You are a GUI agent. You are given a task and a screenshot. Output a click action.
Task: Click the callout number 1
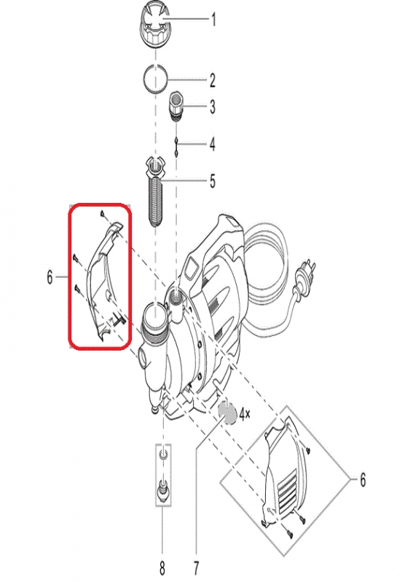click(x=213, y=20)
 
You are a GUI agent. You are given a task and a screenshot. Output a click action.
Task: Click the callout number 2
click(x=212, y=81)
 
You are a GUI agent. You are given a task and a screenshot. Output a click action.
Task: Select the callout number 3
click(x=212, y=107)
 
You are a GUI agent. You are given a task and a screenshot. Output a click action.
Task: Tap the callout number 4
click(x=212, y=144)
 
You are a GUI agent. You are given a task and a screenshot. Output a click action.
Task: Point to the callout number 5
click(x=212, y=181)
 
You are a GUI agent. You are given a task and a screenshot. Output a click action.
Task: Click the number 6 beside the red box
click(x=50, y=277)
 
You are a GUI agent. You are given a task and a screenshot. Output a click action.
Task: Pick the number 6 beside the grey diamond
click(x=363, y=479)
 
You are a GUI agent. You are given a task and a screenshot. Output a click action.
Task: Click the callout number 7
click(x=196, y=568)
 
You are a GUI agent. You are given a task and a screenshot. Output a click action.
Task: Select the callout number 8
click(x=162, y=568)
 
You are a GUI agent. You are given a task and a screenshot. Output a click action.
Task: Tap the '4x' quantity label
click(x=244, y=414)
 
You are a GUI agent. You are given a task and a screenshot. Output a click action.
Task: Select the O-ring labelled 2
click(x=156, y=79)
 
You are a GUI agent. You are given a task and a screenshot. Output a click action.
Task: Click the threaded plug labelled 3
click(x=176, y=106)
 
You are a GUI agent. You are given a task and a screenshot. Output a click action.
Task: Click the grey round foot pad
click(x=227, y=412)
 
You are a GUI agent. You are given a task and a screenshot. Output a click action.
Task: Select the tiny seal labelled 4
click(x=176, y=146)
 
